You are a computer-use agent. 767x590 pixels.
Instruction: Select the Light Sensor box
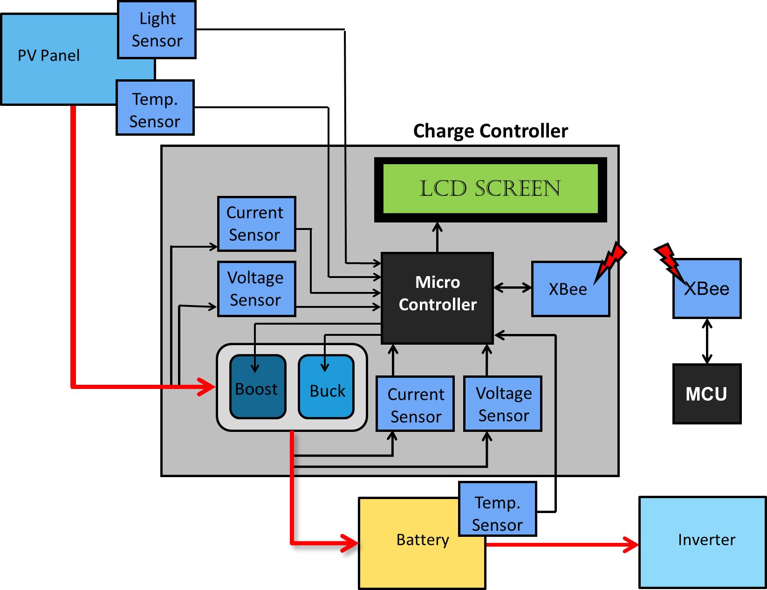click(157, 30)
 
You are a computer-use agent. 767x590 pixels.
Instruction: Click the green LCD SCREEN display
click(490, 189)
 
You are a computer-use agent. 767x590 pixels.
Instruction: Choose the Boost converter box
click(257, 387)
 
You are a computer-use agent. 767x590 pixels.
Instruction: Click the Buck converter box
click(326, 387)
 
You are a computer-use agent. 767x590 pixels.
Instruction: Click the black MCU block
click(706, 394)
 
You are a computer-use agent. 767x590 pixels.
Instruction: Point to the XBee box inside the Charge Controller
click(570, 289)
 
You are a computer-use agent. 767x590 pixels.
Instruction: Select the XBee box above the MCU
click(707, 289)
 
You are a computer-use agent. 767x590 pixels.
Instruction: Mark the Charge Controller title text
click(490, 131)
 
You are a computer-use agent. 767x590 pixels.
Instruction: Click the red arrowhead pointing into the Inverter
click(632, 544)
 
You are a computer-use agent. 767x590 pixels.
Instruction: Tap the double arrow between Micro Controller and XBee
click(513, 288)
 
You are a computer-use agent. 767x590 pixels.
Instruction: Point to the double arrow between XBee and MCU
click(707, 341)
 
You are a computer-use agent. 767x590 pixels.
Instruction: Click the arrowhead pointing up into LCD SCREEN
click(437, 228)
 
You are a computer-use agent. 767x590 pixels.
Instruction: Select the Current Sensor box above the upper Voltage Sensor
click(256, 224)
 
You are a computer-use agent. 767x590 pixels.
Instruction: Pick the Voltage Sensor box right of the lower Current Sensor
click(503, 404)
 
